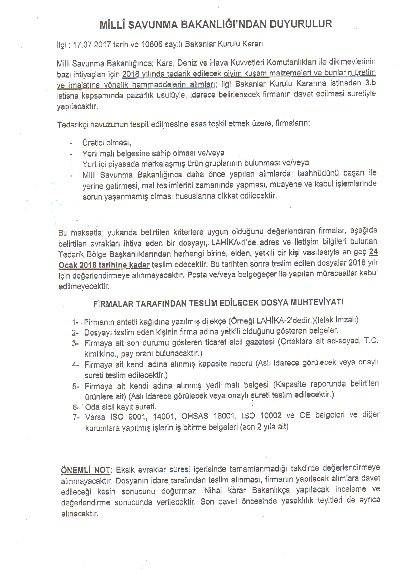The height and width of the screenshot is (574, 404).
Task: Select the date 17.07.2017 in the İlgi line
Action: pyautogui.click(x=89, y=45)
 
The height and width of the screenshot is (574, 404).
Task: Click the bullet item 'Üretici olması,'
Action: pyautogui.click(x=106, y=143)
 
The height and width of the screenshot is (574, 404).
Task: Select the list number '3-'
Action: pyautogui.click(x=75, y=343)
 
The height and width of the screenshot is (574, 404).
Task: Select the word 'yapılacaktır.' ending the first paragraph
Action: pyautogui.click(x=77, y=107)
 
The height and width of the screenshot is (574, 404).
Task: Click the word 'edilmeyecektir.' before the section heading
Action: pyautogui.click(x=84, y=286)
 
